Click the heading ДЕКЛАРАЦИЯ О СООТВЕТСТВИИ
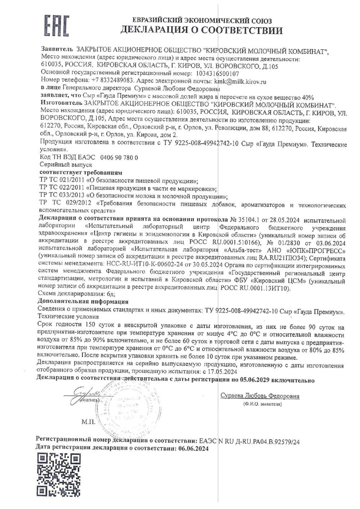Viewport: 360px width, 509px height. (x=201, y=30)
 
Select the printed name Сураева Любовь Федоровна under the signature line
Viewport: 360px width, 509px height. (x=260, y=396)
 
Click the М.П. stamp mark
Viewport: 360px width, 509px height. (x=88, y=422)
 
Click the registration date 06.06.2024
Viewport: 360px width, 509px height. (x=193, y=449)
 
